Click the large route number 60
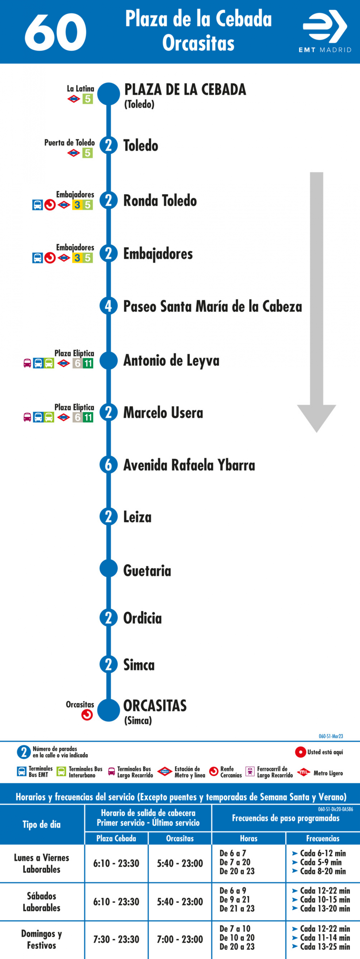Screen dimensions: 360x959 click(56, 32)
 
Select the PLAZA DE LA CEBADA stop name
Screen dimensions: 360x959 click(185, 90)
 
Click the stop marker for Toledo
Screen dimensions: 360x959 click(108, 145)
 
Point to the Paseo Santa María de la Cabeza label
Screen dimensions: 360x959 click(213, 306)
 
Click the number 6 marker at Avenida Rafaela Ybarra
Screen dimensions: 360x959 click(108, 465)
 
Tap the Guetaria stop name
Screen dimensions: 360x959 click(147, 570)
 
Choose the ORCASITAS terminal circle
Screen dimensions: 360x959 click(108, 710)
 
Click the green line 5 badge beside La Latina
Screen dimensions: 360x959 click(87, 99)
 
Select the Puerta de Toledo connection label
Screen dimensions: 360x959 click(70, 143)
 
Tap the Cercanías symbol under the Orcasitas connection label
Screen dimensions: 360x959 click(87, 715)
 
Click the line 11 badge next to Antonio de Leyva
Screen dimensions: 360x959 click(88, 363)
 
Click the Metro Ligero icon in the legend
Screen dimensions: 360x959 click(304, 772)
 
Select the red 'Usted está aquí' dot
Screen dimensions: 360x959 click(301, 752)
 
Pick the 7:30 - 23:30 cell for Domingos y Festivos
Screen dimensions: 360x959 click(116, 939)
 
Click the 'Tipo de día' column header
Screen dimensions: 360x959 click(42, 824)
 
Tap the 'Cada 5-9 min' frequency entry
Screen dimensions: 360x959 click(321, 862)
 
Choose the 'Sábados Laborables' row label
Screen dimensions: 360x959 click(42, 902)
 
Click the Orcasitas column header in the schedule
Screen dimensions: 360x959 click(180, 838)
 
